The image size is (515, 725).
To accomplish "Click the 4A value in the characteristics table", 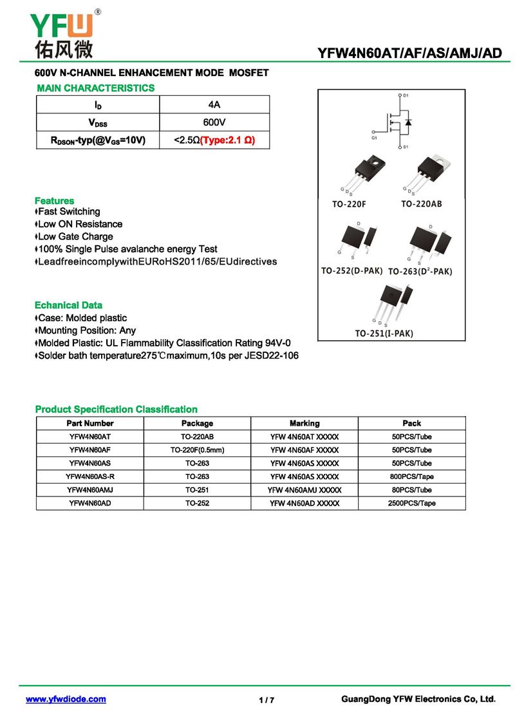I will (x=214, y=104).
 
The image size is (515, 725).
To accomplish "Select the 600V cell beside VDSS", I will (x=214, y=122).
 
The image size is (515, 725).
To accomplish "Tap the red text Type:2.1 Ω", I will (x=227, y=140).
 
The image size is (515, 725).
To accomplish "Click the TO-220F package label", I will (x=349, y=204).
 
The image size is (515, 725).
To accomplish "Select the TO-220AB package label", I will (x=421, y=204).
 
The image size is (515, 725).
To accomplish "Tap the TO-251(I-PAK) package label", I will (x=384, y=333).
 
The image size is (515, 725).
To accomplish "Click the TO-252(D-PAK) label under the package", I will (x=352, y=271).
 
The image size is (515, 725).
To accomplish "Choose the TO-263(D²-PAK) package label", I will (x=420, y=272).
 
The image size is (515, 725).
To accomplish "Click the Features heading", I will (x=54, y=201).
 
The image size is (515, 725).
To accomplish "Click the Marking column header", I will (x=304, y=423).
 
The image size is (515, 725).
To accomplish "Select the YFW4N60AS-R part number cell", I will (x=90, y=476).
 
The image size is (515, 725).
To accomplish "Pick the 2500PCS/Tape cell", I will (x=411, y=503).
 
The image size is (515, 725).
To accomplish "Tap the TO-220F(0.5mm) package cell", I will (x=197, y=450).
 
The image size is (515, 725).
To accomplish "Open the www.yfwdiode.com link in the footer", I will (x=66, y=699).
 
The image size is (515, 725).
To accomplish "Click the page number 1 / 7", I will (x=267, y=700).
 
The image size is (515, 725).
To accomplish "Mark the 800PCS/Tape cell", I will (x=411, y=476).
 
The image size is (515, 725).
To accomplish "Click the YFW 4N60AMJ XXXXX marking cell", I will (x=304, y=490).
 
